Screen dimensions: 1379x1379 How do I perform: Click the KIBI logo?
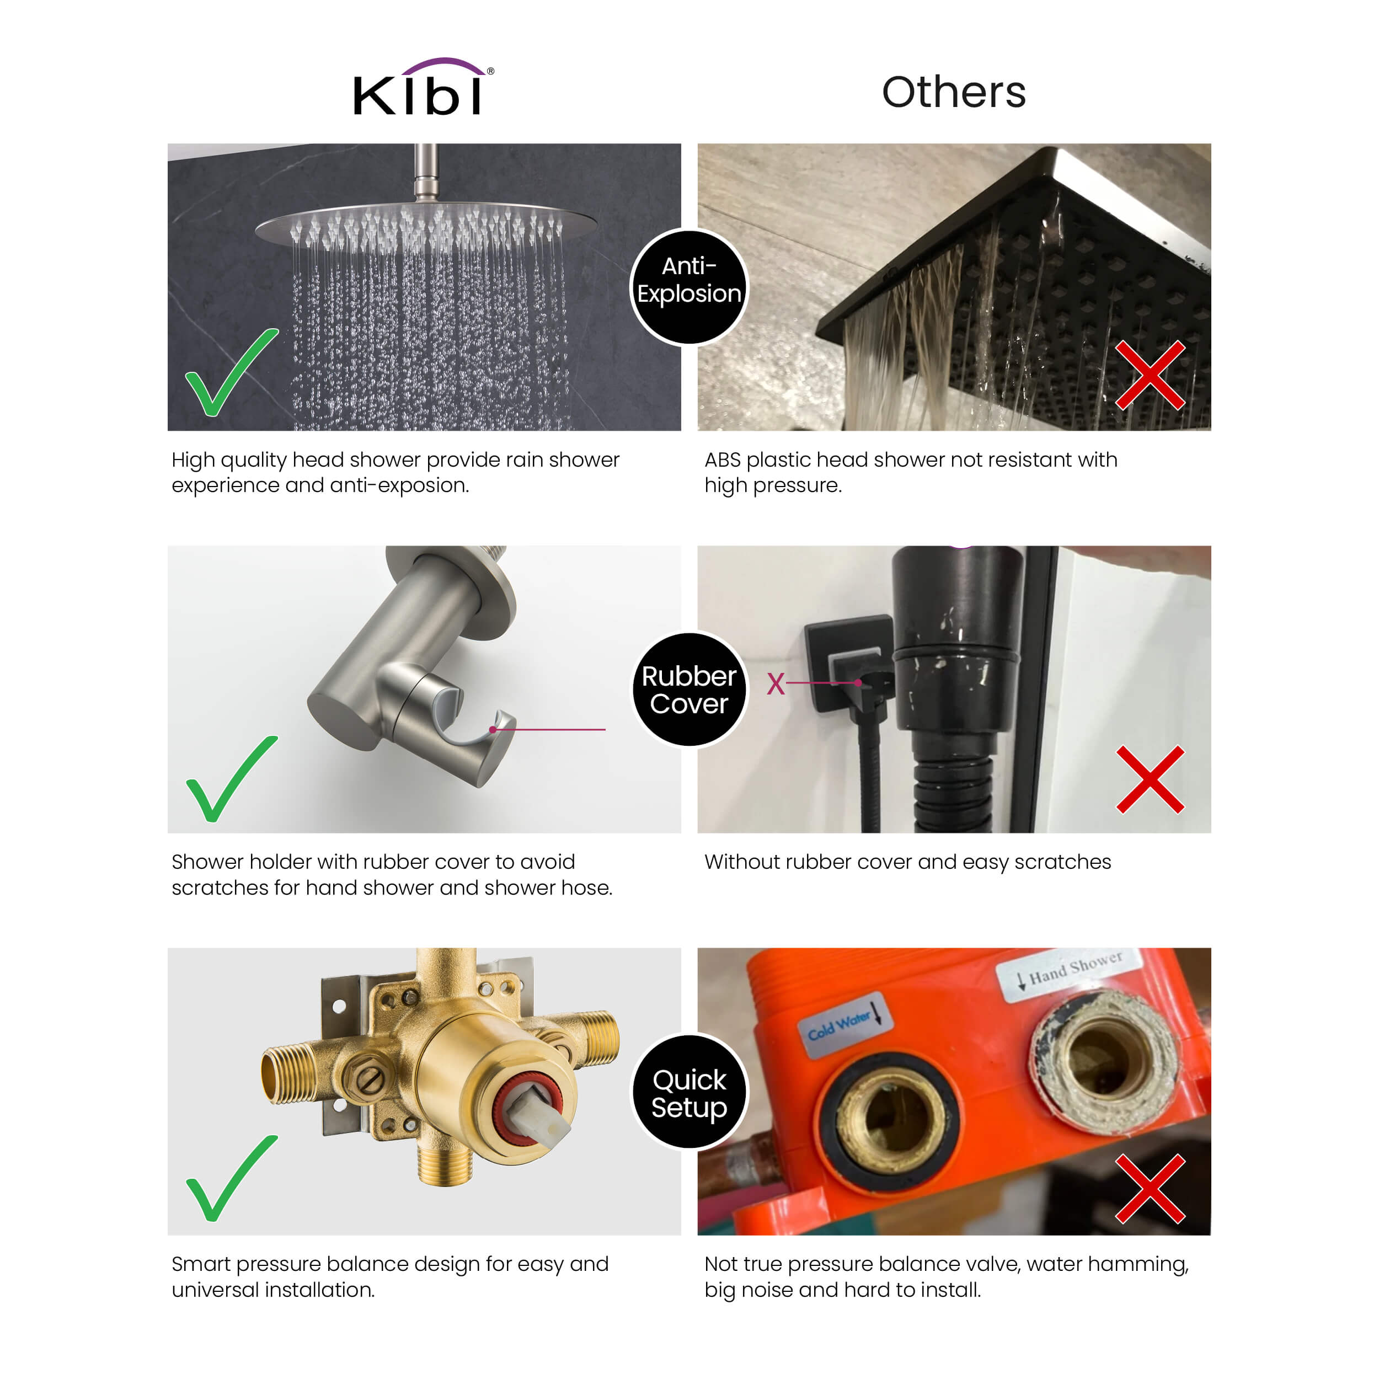point(423,87)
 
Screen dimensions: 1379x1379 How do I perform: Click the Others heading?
point(954,92)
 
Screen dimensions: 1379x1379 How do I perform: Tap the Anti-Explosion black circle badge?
point(689,287)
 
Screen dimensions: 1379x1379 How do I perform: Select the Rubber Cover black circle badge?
point(689,689)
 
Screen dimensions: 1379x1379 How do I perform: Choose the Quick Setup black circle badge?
point(689,1092)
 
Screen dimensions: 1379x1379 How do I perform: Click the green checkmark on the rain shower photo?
point(231,372)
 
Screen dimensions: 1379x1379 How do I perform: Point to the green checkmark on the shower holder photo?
point(231,779)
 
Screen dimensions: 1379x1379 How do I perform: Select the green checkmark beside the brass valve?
point(231,1178)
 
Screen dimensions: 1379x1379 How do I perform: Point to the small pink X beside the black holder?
point(776,684)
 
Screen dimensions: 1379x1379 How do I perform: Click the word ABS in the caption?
point(723,461)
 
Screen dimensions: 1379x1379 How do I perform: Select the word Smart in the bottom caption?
point(202,1264)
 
